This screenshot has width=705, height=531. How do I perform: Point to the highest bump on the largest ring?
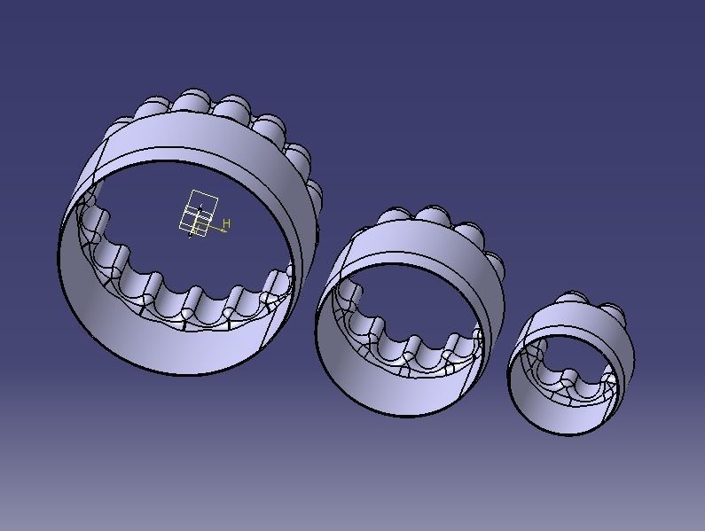[192, 100]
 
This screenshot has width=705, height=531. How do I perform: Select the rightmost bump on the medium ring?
[497, 263]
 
